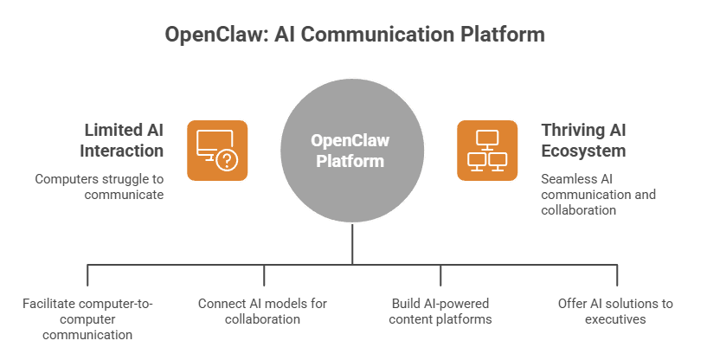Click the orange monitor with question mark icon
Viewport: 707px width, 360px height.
(x=217, y=150)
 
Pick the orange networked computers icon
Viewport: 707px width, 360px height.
(x=487, y=150)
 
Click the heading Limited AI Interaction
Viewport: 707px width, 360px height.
(x=122, y=140)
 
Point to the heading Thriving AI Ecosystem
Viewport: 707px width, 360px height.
(x=583, y=140)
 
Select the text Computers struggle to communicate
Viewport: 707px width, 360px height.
(x=100, y=187)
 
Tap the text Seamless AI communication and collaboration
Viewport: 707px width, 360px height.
(x=598, y=195)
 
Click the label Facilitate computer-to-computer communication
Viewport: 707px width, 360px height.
(x=89, y=318)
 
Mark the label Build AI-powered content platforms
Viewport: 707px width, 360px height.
(x=440, y=311)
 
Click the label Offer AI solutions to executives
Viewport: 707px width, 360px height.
(x=615, y=311)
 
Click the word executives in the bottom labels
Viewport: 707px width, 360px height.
(x=615, y=319)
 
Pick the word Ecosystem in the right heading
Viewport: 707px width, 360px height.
(x=584, y=150)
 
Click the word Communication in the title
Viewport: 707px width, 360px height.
(x=382, y=35)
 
